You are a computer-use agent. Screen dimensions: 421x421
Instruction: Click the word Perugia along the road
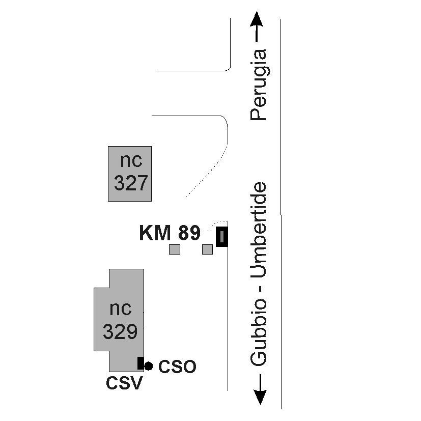point(259,85)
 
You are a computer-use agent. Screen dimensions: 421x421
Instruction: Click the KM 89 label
point(170,233)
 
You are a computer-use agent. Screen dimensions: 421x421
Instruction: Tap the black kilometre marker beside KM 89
point(221,236)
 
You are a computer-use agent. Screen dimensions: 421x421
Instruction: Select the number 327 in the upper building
point(131,183)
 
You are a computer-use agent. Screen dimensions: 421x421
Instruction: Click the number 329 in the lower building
point(120,332)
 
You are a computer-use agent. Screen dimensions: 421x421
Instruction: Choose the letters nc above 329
point(121,308)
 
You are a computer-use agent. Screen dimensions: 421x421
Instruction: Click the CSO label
point(177,367)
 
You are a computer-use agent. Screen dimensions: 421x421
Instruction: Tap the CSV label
point(124,383)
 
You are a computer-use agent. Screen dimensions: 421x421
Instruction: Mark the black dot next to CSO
point(148,366)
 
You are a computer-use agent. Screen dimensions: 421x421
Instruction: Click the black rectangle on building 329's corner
point(140,363)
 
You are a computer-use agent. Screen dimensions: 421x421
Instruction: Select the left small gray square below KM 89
point(175,249)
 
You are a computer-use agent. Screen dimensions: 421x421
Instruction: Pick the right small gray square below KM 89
point(207,249)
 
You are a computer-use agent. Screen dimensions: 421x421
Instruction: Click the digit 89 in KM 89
point(189,233)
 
